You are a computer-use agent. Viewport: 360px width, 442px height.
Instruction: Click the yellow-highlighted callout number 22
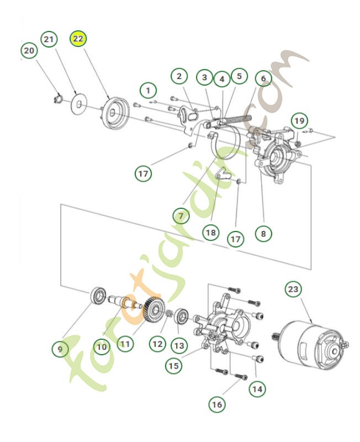pos(77,40)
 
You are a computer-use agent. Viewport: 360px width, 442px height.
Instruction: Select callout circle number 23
pos(294,290)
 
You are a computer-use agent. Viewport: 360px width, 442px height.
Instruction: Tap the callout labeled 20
pos(29,51)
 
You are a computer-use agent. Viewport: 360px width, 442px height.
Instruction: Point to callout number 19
pos(298,120)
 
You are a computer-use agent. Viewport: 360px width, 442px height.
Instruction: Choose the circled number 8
pos(263,233)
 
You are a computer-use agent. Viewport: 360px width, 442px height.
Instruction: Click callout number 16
pos(217,404)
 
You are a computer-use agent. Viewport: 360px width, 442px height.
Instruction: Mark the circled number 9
pos(60,349)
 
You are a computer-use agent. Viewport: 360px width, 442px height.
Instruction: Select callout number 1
pos(147,89)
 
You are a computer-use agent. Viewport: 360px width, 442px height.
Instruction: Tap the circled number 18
pos(210,233)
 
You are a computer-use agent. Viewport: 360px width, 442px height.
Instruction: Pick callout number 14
pos(256,389)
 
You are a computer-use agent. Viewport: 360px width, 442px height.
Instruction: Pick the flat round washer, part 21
pos(80,103)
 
